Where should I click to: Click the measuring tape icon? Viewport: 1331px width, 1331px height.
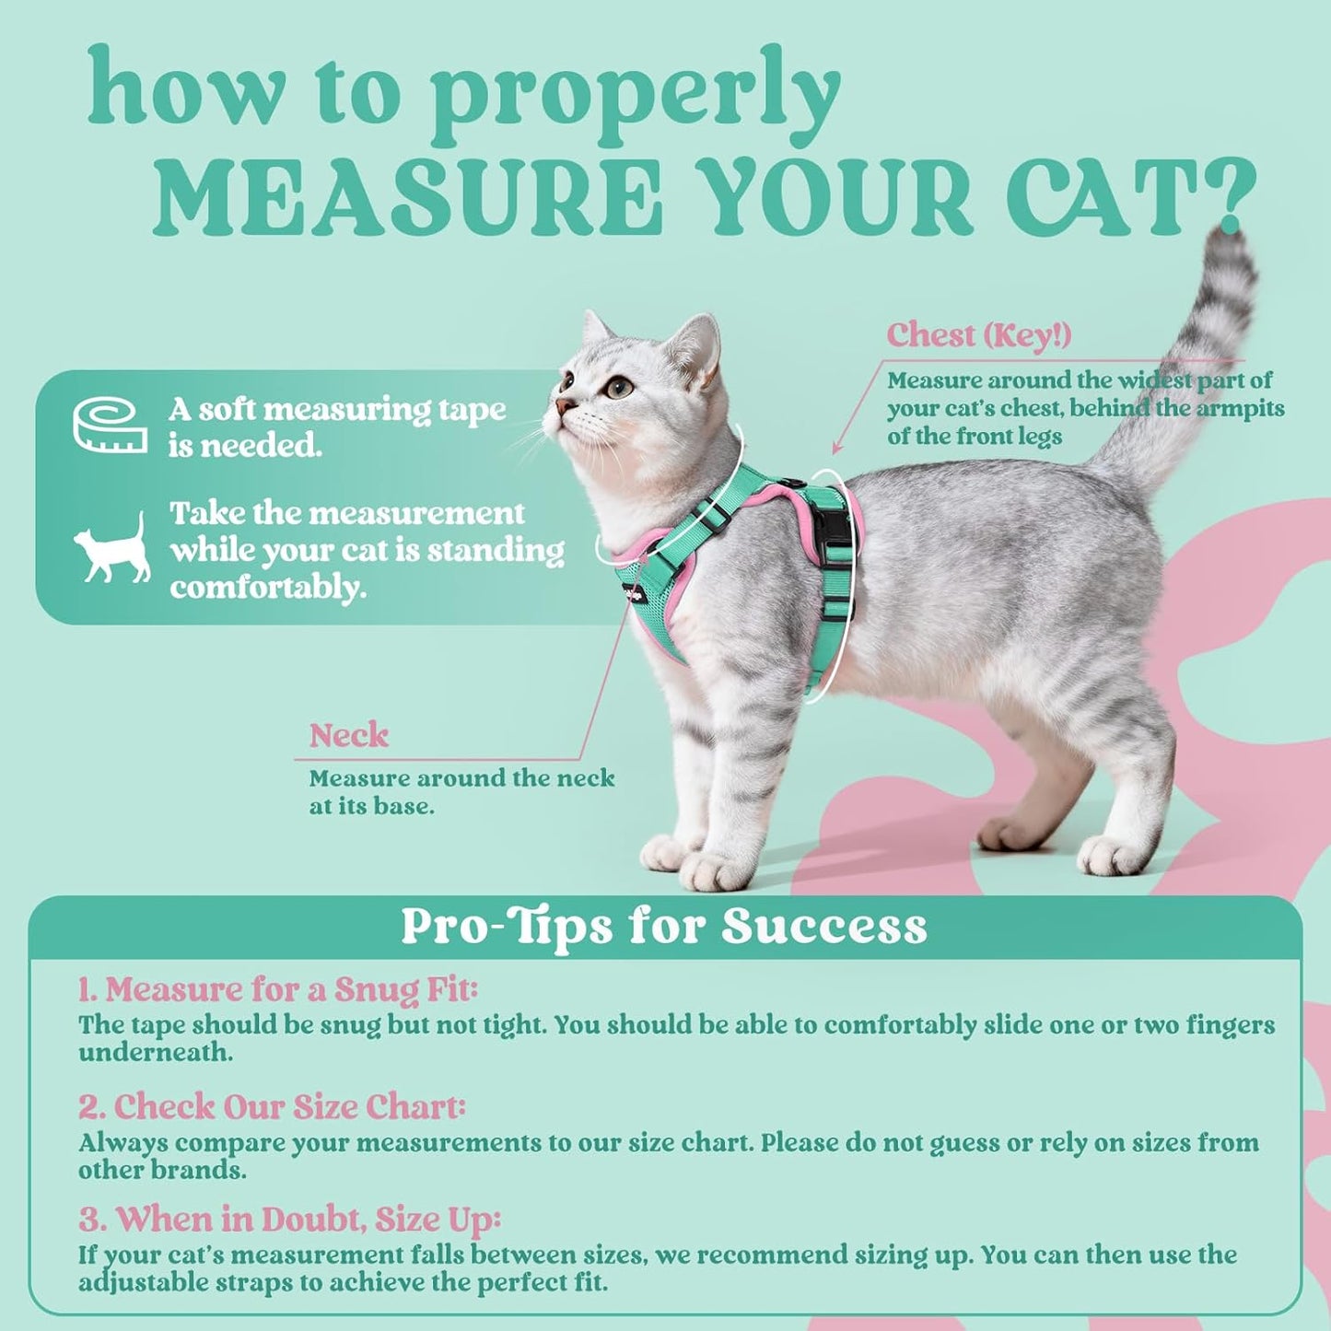click(x=110, y=426)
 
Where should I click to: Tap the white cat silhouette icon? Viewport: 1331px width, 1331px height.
click(x=113, y=549)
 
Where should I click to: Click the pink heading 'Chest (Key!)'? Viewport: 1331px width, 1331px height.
click(x=978, y=335)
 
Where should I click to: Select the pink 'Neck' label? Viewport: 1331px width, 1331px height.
click(x=348, y=735)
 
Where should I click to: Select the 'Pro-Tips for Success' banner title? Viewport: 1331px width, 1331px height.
click(x=664, y=927)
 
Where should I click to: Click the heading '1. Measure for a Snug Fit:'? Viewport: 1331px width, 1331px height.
click(x=277, y=990)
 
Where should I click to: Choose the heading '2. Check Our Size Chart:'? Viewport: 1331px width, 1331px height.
click(x=272, y=1106)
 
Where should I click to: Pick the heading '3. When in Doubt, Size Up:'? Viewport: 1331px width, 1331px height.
click(x=289, y=1220)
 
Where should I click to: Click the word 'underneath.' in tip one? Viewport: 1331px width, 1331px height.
click(x=155, y=1053)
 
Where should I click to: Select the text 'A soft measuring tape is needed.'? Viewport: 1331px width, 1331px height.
click(x=336, y=427)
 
